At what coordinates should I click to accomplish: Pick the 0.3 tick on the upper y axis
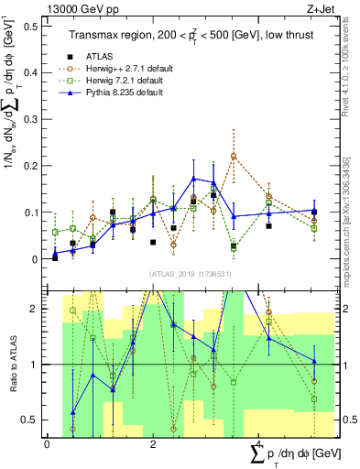(32, 118)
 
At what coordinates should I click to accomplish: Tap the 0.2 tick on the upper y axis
(32, 165)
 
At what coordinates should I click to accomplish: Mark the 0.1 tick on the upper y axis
(32, 212)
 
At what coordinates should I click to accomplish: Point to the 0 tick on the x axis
(47, 443)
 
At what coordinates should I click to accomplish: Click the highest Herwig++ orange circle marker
(234, 157)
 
